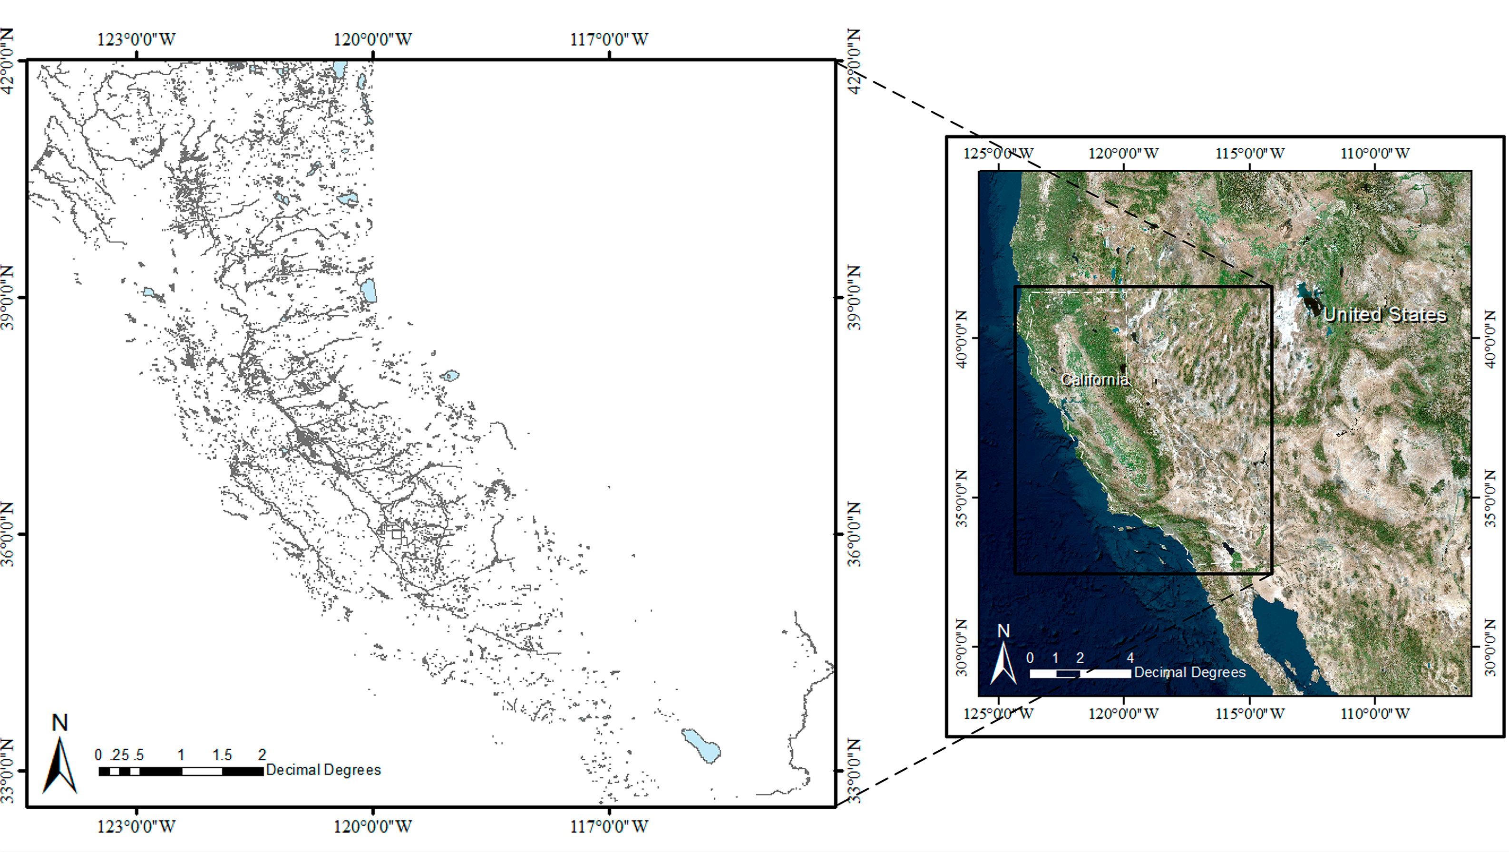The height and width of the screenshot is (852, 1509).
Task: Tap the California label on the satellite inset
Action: click(1094, 380)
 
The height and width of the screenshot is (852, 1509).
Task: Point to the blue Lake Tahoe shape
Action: click(369, 290)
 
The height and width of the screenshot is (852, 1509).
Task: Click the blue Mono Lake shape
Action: click(450, 375)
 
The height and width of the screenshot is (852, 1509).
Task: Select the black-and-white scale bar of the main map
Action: click(181, 771)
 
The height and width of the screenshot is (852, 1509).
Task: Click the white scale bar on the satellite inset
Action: click(1080, 673)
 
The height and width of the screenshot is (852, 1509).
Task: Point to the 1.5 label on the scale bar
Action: click(222, 755)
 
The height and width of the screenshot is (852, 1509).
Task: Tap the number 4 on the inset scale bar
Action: click(1130, 658)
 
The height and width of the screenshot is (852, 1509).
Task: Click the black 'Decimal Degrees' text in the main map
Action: click(323, 770)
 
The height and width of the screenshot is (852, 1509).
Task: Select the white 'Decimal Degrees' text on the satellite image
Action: click(1190, 672)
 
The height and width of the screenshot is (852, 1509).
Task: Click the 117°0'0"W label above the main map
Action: click(609, 40)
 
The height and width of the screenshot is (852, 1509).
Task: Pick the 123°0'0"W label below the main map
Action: click(136, 827)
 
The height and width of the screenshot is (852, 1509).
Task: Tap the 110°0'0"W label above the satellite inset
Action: click(1375, 154)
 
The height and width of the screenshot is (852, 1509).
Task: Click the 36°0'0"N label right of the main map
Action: click(855, 534)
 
